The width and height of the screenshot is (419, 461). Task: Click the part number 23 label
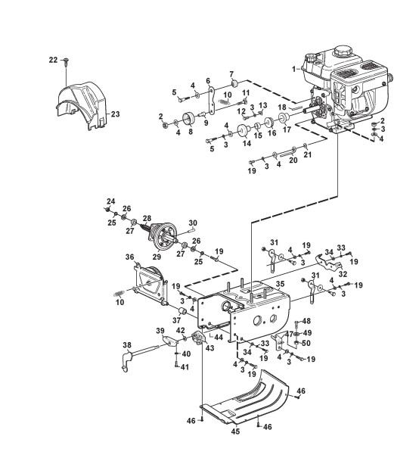[x=116, y=114]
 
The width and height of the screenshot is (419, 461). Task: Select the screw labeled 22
[x=66, y=63]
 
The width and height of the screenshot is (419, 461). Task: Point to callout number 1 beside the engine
[x=293, y=69]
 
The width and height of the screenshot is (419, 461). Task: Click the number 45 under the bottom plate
[x=235, y=431]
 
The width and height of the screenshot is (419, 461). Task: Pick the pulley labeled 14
[x=244, y=130]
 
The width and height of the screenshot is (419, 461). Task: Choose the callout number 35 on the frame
[x=281, y=284]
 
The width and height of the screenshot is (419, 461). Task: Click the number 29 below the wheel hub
[x=157, y=257]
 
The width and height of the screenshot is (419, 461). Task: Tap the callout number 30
[x=193, y=223]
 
